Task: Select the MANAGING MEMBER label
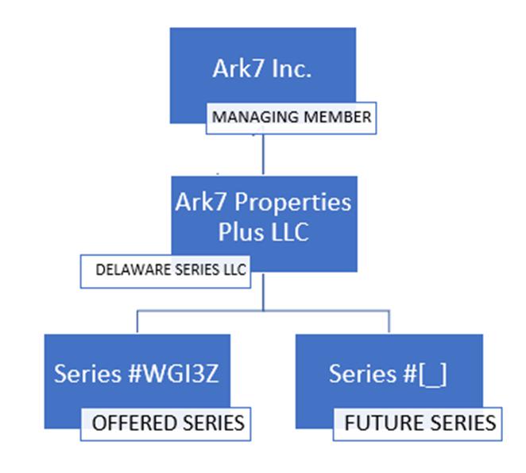point(291,118)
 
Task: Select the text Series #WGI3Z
point(137,374)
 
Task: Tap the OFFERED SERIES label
point(168,422)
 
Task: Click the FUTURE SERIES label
point(420,422)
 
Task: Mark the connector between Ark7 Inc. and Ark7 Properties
point(262,155)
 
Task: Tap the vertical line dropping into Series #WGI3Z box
point(137,322)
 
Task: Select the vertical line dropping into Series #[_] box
point(389,322)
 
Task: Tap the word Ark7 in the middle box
point(197,202)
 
